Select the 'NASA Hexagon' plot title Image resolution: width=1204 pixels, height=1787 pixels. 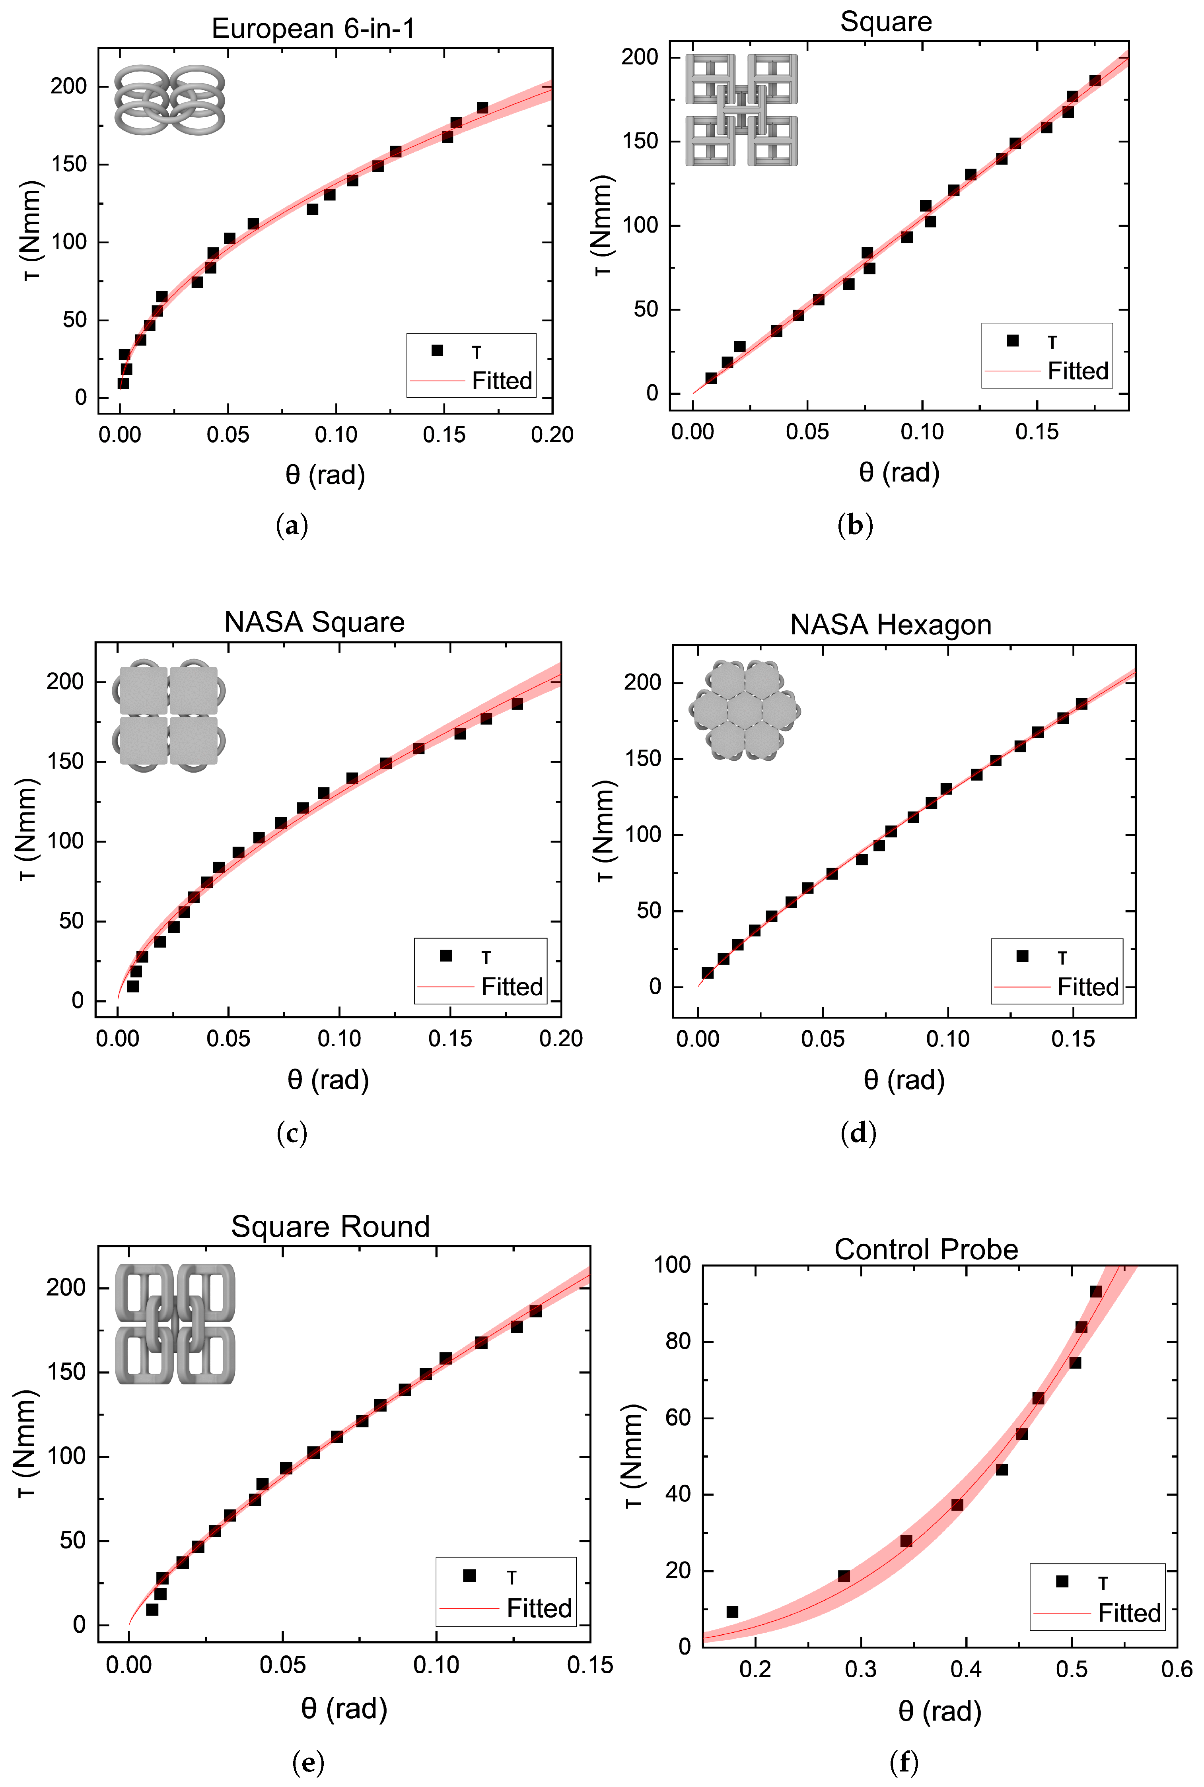[x=891, y=625]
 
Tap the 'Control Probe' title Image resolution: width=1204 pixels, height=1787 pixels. [x=926, y=1250]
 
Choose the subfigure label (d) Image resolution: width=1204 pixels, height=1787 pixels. [x=858, y=1133]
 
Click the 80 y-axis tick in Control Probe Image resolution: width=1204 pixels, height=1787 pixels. [x=678, y=1341]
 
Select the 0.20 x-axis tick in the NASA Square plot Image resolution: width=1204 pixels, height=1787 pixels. [x=560, y=1039]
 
